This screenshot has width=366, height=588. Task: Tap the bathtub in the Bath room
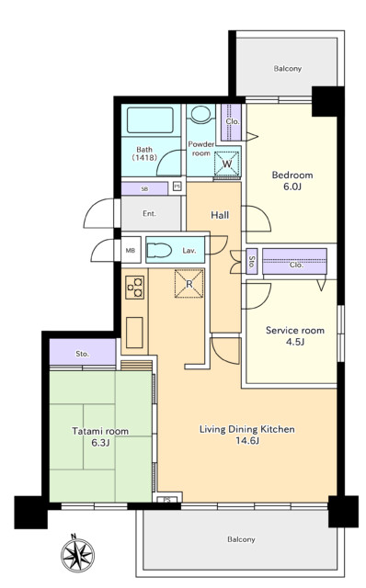150,120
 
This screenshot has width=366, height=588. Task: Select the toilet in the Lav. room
159,251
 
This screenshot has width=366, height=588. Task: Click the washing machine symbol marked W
227,164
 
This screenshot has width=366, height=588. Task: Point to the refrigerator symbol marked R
189,284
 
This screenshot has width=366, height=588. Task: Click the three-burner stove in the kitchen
135,288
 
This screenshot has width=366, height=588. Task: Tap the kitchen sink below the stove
134,333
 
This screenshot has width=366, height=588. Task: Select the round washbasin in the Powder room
201,114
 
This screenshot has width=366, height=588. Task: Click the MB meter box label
131,250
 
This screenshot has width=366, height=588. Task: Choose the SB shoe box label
144,189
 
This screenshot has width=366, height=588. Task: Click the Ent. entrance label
149,214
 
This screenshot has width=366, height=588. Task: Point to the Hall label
220,215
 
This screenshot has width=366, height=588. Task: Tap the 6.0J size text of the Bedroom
292,187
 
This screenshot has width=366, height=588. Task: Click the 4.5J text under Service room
294,342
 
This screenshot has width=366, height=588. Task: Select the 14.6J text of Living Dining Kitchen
247,441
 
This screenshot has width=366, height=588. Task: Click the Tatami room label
100,431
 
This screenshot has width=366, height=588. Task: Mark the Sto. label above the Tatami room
82,354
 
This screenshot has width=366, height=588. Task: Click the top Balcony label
288,69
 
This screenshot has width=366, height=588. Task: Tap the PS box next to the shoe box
177,186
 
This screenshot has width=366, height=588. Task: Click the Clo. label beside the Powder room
233,121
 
